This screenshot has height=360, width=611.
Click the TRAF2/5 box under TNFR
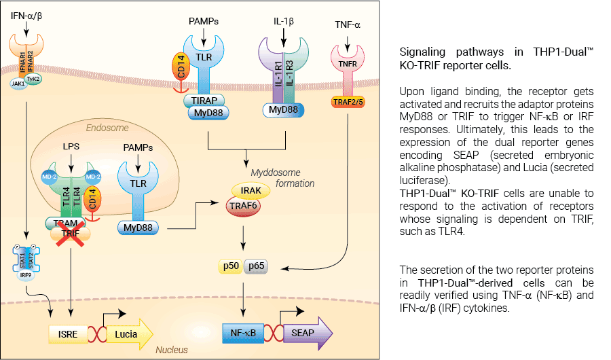(348, 102)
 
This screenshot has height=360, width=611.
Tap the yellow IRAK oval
(251, 190)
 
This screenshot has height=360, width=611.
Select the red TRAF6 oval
(243, 206)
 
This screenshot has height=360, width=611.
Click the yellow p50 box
(231, 266)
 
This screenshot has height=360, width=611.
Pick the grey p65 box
(256, 266)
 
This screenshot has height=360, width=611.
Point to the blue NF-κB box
(243, 333)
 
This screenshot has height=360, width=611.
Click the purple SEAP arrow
(308, 333)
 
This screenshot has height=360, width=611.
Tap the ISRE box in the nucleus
(68, 334)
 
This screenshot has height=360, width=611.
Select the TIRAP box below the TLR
(204, 101)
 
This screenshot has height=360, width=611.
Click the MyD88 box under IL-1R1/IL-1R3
(283, 110)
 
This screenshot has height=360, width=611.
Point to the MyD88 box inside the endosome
(138, 228)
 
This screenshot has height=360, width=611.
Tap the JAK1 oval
(18, 84)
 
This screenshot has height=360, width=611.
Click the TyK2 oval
(33, 79)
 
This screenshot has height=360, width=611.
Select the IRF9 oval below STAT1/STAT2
(26, 275)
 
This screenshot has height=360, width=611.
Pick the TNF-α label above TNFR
(348, 25)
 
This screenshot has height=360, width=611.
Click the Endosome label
(107, 128)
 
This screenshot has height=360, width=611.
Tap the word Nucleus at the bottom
(172, 350)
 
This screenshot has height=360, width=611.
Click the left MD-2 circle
(50, 177)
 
